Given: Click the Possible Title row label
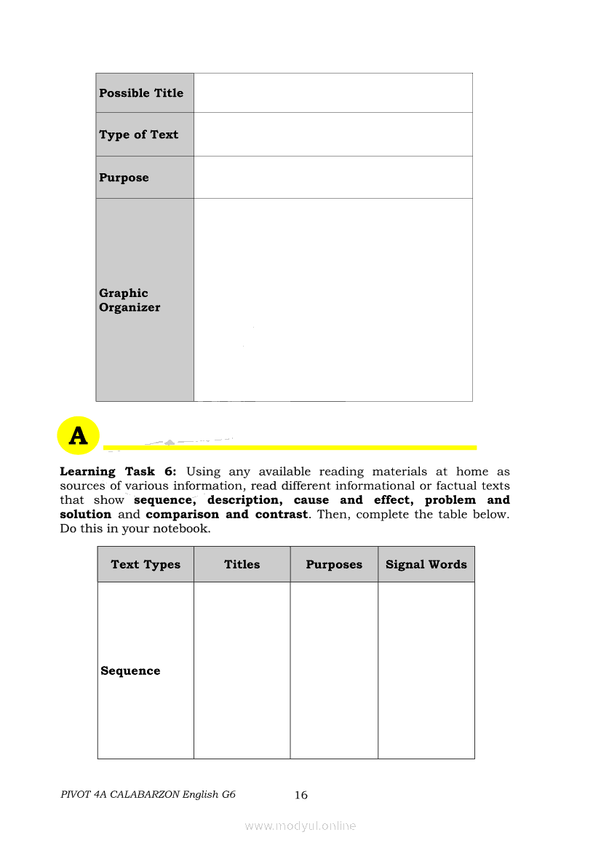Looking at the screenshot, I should click(x=141, y=93).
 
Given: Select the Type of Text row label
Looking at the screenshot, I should click(x=138, y=135).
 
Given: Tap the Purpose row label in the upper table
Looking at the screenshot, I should click(x=124, y=178).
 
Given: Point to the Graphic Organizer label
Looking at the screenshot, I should click(x=130, y=300).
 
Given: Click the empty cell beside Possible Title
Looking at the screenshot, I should click(x=333, y=93).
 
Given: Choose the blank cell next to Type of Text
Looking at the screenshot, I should click(x=333, y=135).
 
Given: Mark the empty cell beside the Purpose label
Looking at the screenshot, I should click(x=333, y=178).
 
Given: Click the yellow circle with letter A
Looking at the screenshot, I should click(x=78, y=436).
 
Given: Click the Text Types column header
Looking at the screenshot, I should click(x=146, y=564).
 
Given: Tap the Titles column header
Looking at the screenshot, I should click(x=242, y=564).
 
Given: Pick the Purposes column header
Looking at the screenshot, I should click(x=334, y=564).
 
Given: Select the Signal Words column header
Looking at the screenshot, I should click(x=426, y=564).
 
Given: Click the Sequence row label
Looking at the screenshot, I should click(x=130, y=671).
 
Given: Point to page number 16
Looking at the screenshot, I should click(x=301, y=795).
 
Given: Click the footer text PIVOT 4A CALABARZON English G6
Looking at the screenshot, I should click(x=148, y=795).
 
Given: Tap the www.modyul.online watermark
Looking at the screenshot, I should click(x=300, y=826).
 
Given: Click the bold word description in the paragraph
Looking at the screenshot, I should click(x=244, y=500).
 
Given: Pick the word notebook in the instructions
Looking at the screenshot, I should click(x=181, y=529).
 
